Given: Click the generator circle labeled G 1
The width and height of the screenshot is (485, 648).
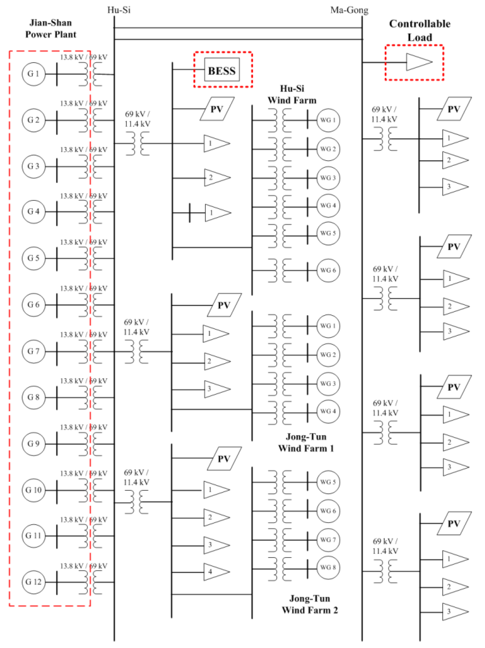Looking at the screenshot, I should click(33, 74).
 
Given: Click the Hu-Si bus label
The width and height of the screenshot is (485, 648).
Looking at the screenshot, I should click(119, 10).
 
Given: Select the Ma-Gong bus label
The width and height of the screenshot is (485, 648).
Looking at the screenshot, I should click(349, 10).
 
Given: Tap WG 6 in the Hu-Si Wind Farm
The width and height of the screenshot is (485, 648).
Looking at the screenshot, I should click(328, 270).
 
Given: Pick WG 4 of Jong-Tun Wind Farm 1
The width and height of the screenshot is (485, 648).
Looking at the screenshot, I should click(328, 411).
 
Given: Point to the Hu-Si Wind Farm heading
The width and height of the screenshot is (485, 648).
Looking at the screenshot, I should click(292, 94).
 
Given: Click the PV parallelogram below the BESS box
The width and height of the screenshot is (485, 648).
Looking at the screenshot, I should click(217, 109).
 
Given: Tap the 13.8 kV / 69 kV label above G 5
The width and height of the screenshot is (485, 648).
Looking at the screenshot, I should click(83, 242).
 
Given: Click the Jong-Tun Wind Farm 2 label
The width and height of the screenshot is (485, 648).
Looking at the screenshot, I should click(309, 604).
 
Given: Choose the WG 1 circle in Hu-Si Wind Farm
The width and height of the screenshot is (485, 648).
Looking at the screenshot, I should click(328, 120).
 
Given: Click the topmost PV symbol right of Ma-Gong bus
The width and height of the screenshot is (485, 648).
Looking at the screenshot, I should click(454, 109).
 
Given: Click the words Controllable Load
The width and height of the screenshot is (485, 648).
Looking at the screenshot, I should click(419, 30).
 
